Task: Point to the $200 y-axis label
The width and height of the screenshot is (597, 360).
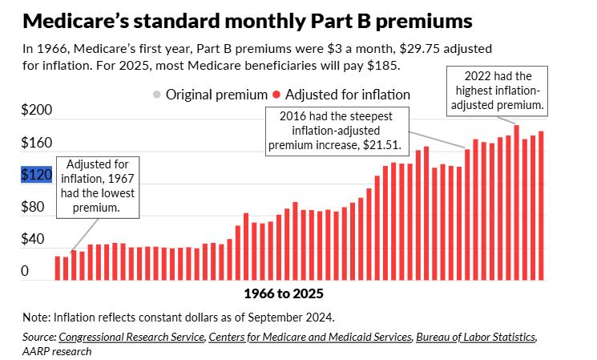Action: [36, 111]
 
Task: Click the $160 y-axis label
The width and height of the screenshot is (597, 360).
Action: [36, 144]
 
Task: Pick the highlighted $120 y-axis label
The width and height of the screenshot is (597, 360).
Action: [36, 176]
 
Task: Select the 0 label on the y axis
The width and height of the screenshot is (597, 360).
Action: [25, 272]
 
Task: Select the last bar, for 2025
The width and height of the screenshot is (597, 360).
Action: [541, 205]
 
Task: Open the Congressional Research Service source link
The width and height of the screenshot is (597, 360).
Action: [131, 338]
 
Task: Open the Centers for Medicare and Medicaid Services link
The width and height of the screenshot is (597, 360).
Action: [309, 338]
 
